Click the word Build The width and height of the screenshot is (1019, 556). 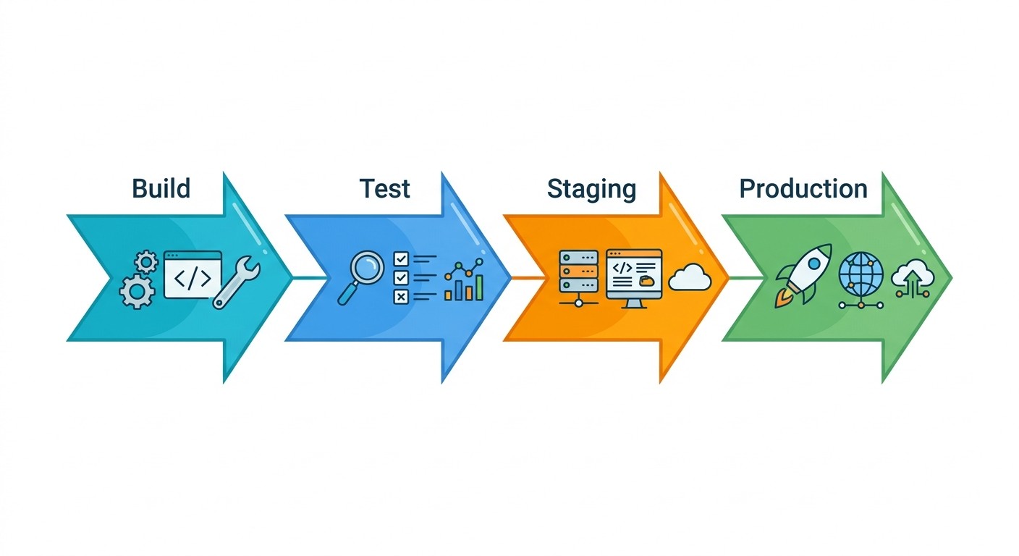pyautogui.click(x=161, y=188)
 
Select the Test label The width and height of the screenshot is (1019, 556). pyautogui.click(x=384, y=188)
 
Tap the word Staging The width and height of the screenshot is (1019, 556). pyautogui.click(x=591, y=190)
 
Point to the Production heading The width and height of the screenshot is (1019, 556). pyautogui.click(x=803, y=189)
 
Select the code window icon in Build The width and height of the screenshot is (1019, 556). pyautogui.click(x=193, y=274)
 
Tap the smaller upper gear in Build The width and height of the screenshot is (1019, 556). pyautogui.click(x=147, y=261)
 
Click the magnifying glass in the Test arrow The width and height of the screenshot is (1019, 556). pyautogui.click(x=361, y=276)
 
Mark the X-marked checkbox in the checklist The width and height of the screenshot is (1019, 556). pyautogui.click(x=400, y=296)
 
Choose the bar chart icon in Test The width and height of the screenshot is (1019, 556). pyautogui.click(x=464, y=283)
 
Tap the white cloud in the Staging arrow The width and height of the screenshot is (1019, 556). pyautogui.click(x=690, y=277)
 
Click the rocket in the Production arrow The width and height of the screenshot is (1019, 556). pyautogui.click(x=803, y=275)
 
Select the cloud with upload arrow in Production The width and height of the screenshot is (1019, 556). pyautogui.click(x=911, y=278)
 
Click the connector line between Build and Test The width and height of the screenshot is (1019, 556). pyautogui.click(x=304, y=277)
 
